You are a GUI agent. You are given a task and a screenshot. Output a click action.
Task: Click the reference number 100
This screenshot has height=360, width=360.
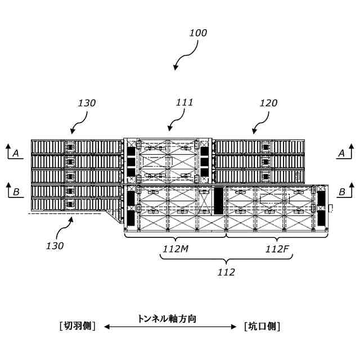[x=198, y=33]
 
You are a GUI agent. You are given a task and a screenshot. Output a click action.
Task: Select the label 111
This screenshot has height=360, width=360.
[x=184, y=102]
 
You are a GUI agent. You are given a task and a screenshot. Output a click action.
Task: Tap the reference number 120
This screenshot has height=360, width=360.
[x=268, y=103]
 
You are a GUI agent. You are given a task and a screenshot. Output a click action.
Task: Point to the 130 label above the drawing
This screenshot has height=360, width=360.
[x=87, y=103]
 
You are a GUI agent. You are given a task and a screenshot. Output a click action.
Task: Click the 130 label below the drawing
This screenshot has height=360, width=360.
[x=55, y=245]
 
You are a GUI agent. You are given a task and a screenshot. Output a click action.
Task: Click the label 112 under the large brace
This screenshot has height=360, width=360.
[x=226, y=272]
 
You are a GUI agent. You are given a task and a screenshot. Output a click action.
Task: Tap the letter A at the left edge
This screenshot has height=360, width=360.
[x=16, y=152]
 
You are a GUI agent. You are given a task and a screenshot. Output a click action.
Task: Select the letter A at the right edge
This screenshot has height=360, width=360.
[x=341, y=152]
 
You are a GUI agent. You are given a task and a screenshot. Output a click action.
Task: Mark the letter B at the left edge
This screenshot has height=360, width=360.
[x=16, y=192]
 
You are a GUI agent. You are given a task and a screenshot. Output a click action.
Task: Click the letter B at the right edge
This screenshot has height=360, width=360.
[x=341, y=192]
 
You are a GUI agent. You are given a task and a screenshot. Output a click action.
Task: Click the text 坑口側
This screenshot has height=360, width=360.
[x=262, y=326]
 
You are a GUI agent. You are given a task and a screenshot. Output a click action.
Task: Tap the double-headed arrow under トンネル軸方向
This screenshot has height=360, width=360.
[x=170, y=327]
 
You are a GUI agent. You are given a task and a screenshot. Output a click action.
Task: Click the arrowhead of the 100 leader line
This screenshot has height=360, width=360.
[x=175, y=67]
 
